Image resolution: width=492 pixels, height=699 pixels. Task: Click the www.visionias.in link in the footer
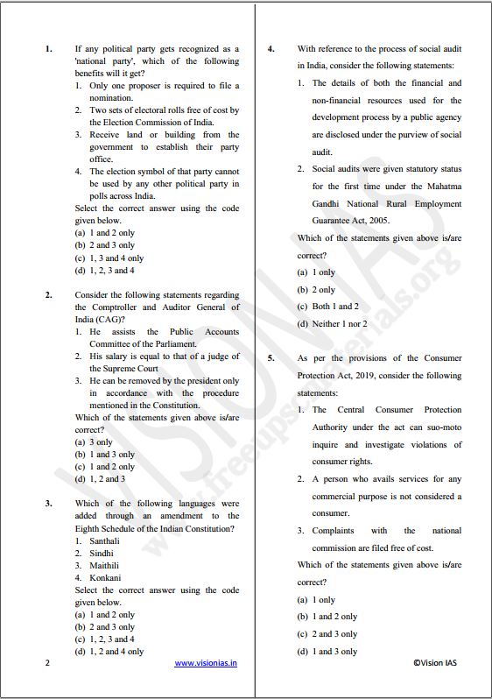[206, 663]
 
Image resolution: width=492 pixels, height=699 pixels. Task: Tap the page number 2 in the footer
[47, 663]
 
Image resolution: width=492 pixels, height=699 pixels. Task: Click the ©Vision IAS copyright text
[435, 663]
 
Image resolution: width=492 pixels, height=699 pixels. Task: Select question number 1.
[48, 49]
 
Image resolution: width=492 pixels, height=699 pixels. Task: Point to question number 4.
[271, 49]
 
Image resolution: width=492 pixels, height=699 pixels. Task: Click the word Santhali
[105, 540]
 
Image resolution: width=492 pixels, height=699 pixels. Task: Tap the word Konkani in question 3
[105, 577]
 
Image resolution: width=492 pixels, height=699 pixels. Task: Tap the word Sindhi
[102, 553]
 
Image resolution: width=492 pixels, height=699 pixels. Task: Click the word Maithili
[105, 565]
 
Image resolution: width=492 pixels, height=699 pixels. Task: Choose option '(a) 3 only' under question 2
[94, 442]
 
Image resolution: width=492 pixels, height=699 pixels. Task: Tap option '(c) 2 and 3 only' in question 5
[327, 634]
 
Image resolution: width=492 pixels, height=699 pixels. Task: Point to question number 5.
[271, 358]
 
